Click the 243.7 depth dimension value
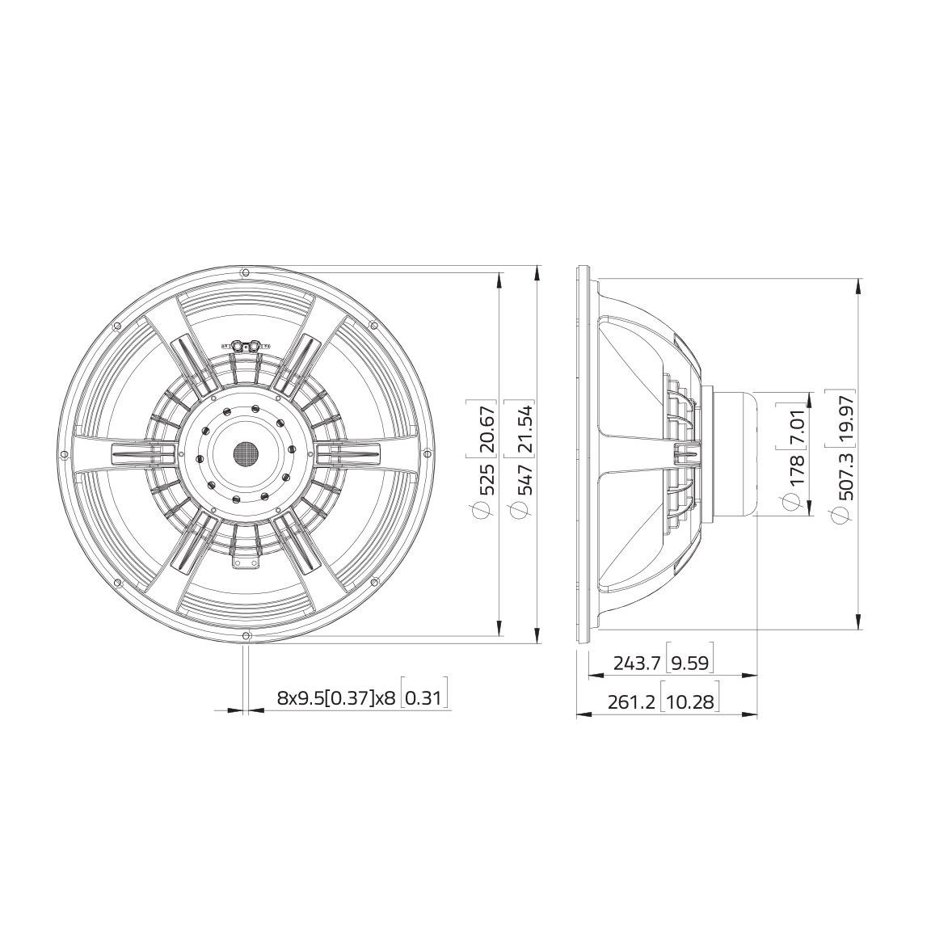[x=638, y=663]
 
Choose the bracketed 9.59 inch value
[x=690, y=663]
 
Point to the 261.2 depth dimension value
[x=631, y=702]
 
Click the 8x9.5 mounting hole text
[x=300, y=697]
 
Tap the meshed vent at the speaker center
[x=246, y=454]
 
